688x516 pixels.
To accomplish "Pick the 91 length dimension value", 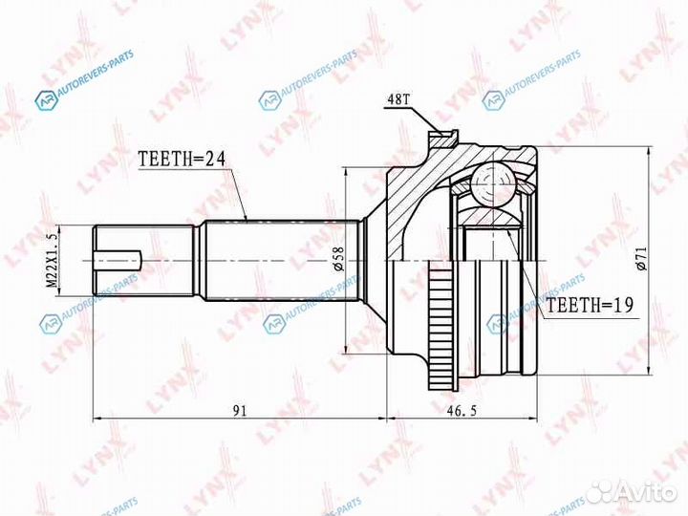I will point(239,410).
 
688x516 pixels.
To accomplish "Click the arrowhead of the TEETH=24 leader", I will point(247,221).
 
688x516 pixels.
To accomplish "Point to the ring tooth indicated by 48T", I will point(441,140).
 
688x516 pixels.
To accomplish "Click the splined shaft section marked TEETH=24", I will point(277,259).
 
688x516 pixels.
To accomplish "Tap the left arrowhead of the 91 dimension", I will point(97,419).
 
